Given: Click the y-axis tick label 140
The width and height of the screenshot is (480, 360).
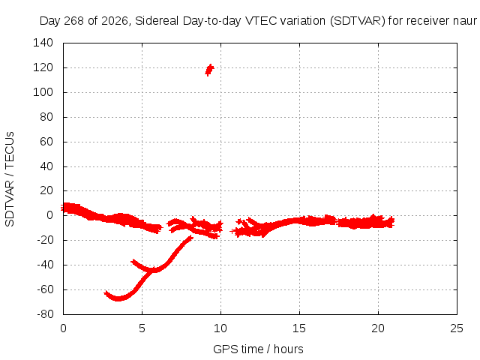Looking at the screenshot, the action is point(43,43).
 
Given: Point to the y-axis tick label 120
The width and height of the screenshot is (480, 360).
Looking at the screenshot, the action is point(43,67).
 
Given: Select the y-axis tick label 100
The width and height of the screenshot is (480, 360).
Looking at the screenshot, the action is point(43,92).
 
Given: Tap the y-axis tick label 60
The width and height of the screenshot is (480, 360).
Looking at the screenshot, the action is point(46,142).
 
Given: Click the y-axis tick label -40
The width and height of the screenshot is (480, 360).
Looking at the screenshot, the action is point(45,265).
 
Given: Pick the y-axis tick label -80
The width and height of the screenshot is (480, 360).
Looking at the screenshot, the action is point(45,314).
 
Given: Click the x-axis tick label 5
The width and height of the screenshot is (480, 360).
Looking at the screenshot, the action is point(142,328).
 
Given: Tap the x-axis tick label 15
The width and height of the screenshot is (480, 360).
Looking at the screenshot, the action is point(299,328).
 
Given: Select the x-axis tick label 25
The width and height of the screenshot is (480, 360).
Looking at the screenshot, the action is point(457,328).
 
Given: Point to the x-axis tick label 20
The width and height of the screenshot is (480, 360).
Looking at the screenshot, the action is point(378,328).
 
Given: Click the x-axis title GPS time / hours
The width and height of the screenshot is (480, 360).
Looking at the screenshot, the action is point(258,349).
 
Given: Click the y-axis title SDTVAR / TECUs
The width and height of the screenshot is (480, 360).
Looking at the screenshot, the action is point(10,179).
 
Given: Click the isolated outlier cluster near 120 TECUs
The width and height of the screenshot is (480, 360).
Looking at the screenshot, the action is point(209,70).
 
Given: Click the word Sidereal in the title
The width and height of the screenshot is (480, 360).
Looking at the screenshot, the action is point(157,21).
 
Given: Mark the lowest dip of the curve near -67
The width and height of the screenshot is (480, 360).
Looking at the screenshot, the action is point(118,298).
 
